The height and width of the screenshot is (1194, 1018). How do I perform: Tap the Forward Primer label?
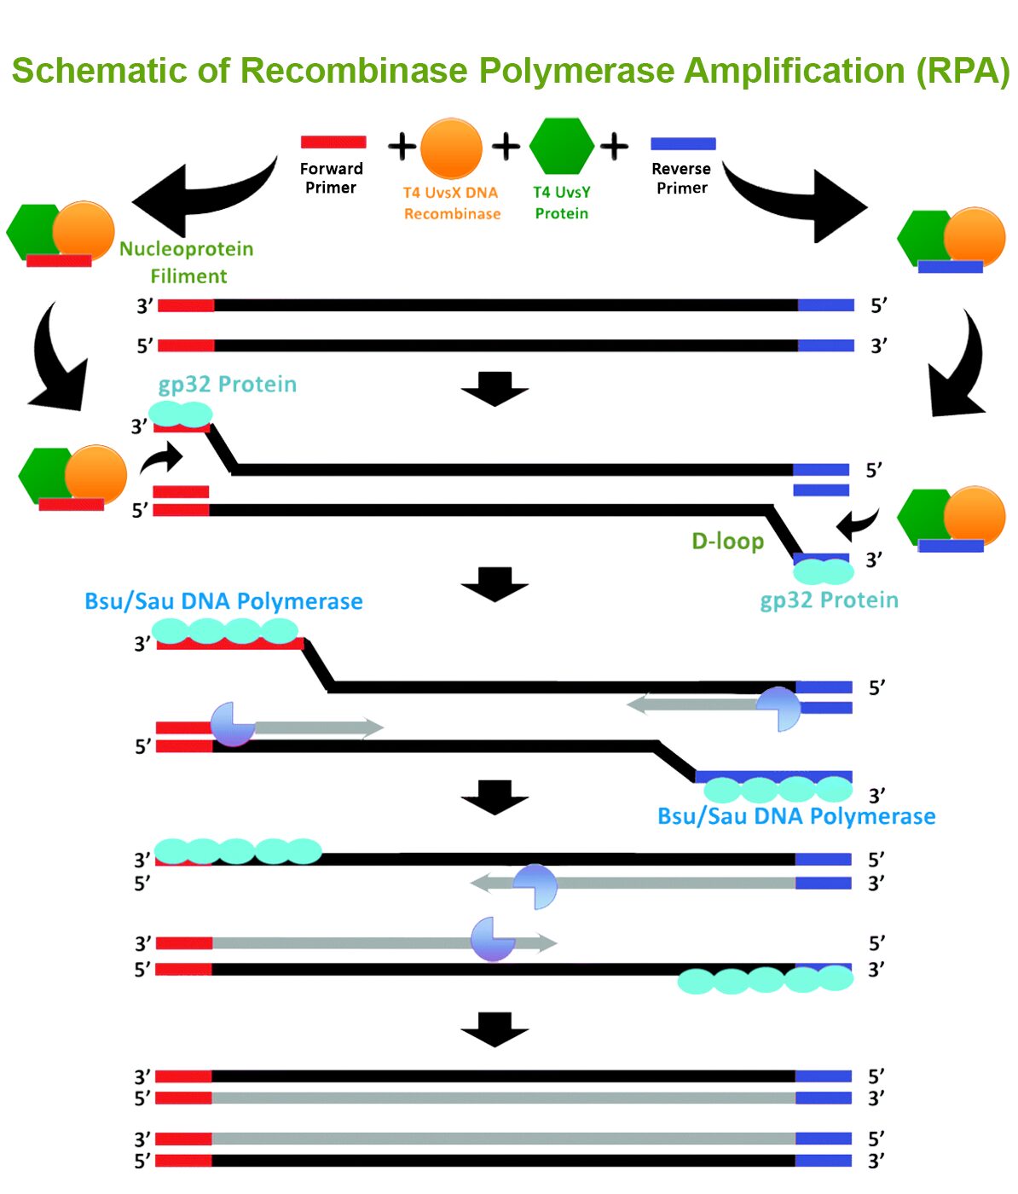click(331, 178)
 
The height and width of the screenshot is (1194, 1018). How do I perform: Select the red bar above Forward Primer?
click(333, 142)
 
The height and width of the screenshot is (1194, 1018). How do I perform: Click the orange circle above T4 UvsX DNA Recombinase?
click(451, 148)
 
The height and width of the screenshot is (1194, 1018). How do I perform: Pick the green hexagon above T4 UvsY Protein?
click(561, 146)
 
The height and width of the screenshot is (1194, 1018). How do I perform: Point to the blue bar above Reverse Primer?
click(683, 144)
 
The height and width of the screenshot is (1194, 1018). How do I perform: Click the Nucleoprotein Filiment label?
click(187, 263)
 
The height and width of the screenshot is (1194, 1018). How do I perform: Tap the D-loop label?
click(727, 542)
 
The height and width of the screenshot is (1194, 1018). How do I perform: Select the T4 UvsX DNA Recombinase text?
click(451, 203)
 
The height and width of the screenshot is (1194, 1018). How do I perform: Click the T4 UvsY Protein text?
click(561, 203)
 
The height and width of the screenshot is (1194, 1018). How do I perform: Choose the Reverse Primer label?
click(681, 178)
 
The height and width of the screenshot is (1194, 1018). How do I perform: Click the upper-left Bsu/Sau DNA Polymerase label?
click(223, 601)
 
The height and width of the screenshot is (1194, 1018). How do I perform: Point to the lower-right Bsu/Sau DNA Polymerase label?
click(796, 816)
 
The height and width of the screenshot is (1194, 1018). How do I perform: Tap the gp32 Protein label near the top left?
click(227, 385)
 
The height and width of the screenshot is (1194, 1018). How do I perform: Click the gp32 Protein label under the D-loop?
click(829, 600)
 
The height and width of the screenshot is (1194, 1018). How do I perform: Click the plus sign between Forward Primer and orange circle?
click(402, 147)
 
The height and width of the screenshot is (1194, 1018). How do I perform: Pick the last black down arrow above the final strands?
click(495, 1029)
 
